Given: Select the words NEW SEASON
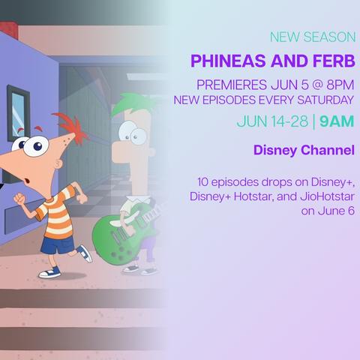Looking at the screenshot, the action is coord(313,37).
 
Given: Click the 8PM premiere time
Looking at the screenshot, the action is coord(340,85).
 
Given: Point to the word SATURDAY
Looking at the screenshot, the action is coord(325,100).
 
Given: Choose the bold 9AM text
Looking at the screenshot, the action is coord(337,121).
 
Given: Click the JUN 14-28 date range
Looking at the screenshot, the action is coord(272,121).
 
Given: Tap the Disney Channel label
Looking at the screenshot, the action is coord(304,150).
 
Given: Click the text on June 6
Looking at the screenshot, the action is coord(328,211).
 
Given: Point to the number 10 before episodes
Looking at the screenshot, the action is coord(202,181).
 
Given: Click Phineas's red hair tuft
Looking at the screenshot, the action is coord(73,126).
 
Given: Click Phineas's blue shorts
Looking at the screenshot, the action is coord(58,244).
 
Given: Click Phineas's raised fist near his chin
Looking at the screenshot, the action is coord(19,199).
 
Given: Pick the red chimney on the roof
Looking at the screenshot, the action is coord(9,30).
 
